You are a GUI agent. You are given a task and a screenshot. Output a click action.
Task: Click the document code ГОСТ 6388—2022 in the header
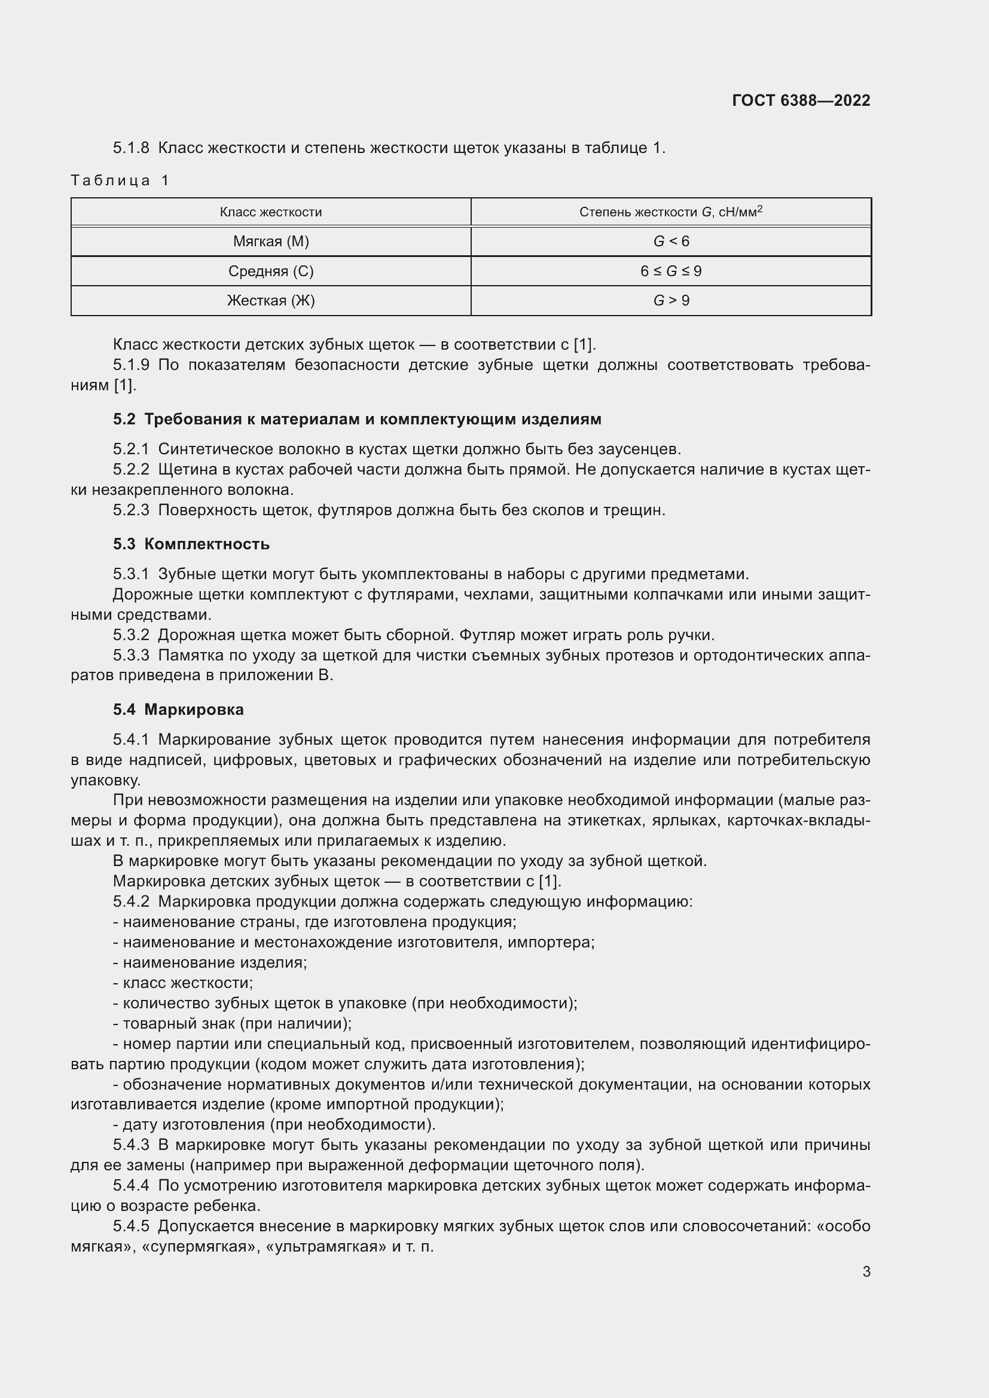801,100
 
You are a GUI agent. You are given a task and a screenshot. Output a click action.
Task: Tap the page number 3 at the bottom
866,1271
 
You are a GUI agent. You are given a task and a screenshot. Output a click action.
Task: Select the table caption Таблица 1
120,181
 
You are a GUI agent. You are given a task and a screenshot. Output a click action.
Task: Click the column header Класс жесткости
270,212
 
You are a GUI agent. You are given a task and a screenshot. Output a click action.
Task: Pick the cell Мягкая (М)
270,241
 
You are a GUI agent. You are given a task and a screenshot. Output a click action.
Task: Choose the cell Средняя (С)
270,271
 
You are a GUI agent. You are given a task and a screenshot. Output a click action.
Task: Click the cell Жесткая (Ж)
270,300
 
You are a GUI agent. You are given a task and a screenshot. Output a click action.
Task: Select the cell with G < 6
670,241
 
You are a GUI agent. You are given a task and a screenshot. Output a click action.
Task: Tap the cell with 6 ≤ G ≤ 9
670,271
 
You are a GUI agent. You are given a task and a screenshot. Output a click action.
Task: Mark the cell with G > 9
670,300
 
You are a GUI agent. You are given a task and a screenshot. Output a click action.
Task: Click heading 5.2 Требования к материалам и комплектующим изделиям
357,419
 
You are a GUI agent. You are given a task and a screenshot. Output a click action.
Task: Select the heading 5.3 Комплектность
191,544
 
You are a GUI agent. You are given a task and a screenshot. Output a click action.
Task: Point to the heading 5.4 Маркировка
178,709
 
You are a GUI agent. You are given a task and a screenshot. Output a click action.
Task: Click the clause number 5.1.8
131,148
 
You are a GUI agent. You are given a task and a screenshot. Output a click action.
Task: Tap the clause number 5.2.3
131,510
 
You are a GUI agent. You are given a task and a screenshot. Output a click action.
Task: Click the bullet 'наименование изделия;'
210,963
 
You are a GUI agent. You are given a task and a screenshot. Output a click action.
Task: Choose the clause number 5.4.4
131,1185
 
